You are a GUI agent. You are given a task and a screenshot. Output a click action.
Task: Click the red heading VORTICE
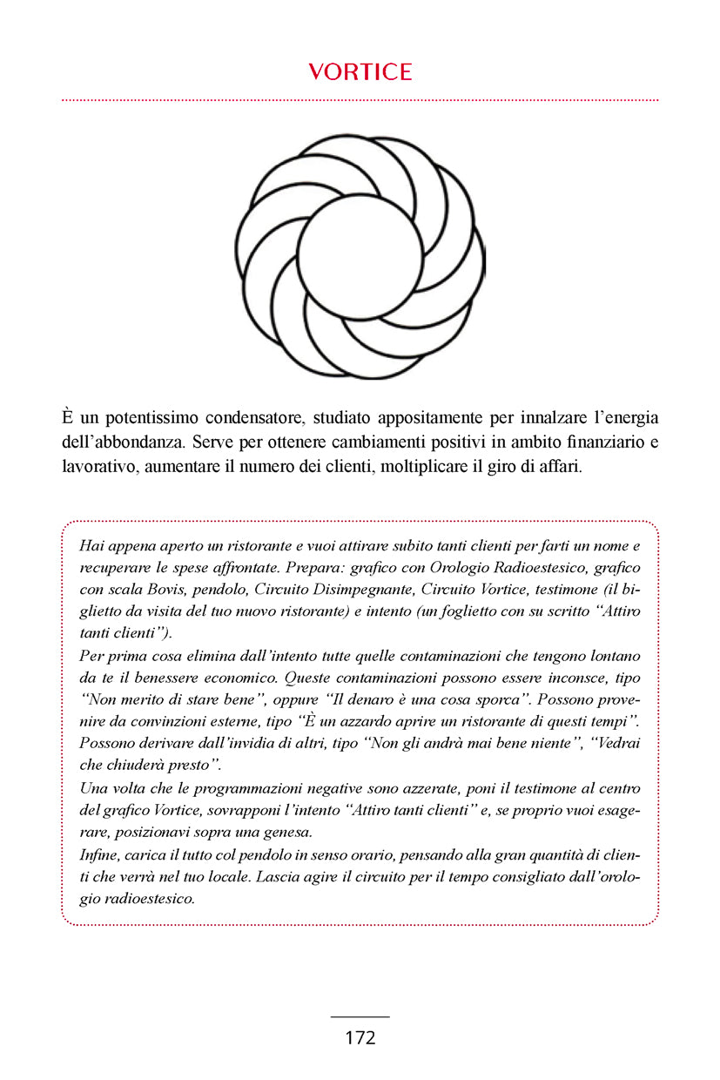point(360,72)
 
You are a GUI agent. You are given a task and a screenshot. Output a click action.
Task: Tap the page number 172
point(360,1037)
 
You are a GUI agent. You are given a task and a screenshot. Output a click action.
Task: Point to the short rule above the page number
point(360,1016)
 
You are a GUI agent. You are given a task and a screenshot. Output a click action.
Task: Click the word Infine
point(95,854)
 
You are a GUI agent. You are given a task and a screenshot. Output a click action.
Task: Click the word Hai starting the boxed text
point(90,546)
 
